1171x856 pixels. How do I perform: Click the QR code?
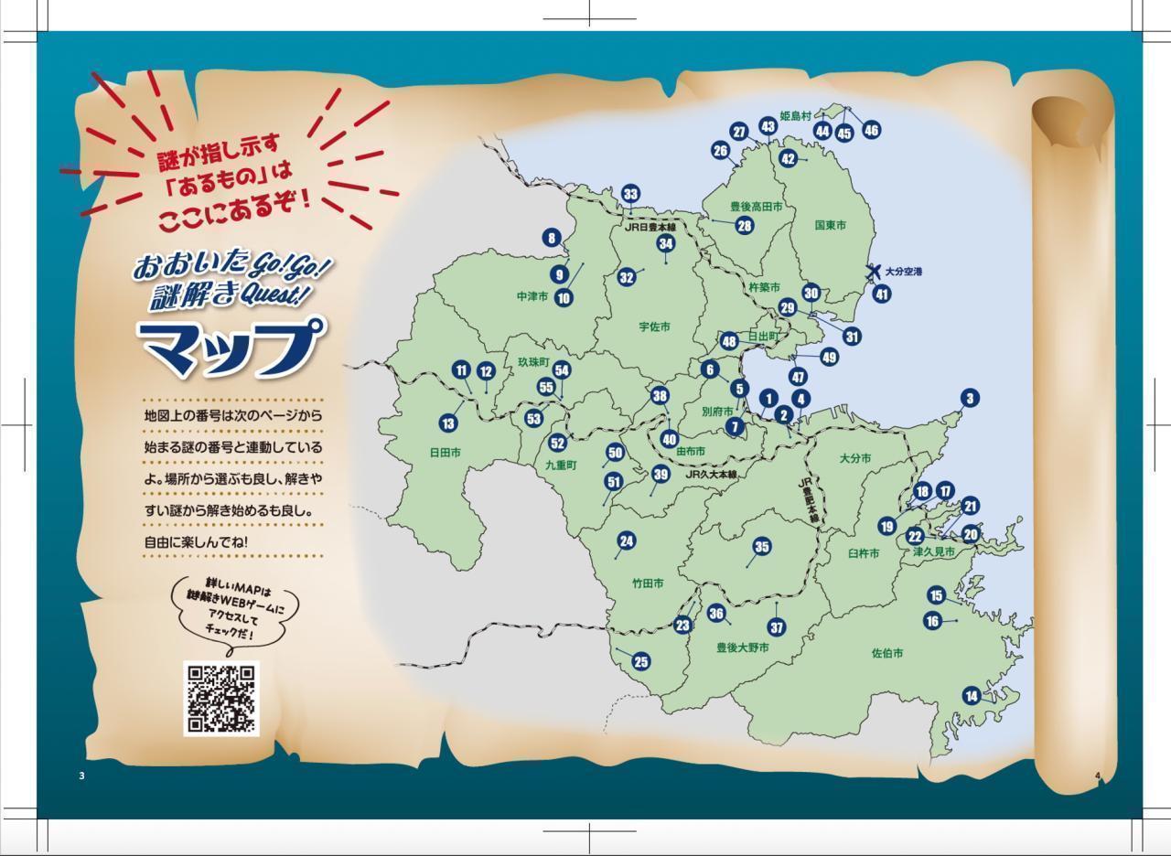coord(221,699)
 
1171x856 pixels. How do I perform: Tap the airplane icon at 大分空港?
coord(875,272)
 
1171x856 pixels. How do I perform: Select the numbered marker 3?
coord(969,398)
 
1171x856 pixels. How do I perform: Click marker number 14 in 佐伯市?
coord(971,696)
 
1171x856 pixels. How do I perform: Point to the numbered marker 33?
coord(630,194)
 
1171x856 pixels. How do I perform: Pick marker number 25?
coord(640,662)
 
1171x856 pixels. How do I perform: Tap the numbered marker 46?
coord(871,130)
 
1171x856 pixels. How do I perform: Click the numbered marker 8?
coord(551,239)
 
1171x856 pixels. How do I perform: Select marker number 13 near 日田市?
coord(447,423)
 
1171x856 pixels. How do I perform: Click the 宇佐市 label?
coord(654,326)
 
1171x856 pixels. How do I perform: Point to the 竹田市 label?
coord(647,583)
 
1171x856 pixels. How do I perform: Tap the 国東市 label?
coord(830,225)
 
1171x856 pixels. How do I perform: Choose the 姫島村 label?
coord(796,116)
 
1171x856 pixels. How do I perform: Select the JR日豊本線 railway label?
coord(650,228)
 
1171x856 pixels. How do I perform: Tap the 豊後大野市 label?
coord(742,647)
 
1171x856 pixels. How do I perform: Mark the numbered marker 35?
coord(761,547)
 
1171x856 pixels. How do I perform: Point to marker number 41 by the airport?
coord(881,294)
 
